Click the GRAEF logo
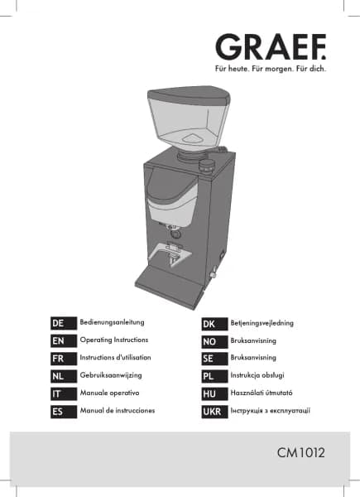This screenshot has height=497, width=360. pyautogui.click(x=271, y=46)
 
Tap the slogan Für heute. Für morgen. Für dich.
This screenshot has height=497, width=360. pyautogui.click(x=271, y=69)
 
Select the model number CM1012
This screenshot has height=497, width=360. pyautogui.click(x=300, y=452)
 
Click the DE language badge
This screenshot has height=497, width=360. pyautogui.click(x=64, y=323)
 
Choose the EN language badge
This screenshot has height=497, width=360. pyautogui.click(x=64, y=341)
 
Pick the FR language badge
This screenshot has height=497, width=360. pyautogui.click(x=64, y=359)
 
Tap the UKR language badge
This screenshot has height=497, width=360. pyautogui.click(x=214, y=412)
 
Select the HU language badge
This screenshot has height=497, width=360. pyautogui.click(x=214, y=394)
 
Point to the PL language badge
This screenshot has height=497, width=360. pyautogui.click(x=214, y=376)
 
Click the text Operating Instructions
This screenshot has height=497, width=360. pyautogui.click(x=114, y=340)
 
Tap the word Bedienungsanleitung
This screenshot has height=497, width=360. pyautogui.click(x=112, y=322)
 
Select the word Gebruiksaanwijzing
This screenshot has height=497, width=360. pyautogui.click(x=111, y=375)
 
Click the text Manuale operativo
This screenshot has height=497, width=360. pyautogui.click(x=109, y=393)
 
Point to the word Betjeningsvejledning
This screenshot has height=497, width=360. pyautogui.click(x=262, y=323)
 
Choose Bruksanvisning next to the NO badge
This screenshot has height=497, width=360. pyautogui.click(x=253, y=340)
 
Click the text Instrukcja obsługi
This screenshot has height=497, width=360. pyautogui.click(x=257, y=375)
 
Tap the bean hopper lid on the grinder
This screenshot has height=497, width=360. pyautogui.click(x=189, y=96)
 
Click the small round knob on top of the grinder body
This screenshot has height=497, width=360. pyautogui.click(x=206, y=166)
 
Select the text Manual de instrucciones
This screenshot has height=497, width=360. pyautogui.click(x=118, y=411)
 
